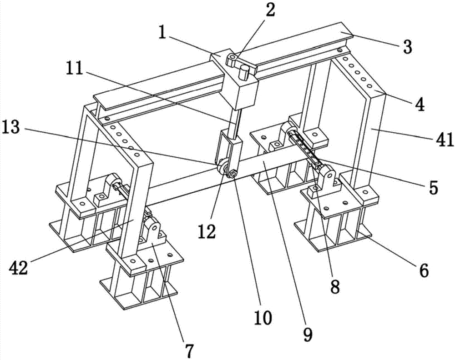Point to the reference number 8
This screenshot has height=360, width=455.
click(335, 286)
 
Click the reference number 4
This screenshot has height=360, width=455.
click(419, 105)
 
